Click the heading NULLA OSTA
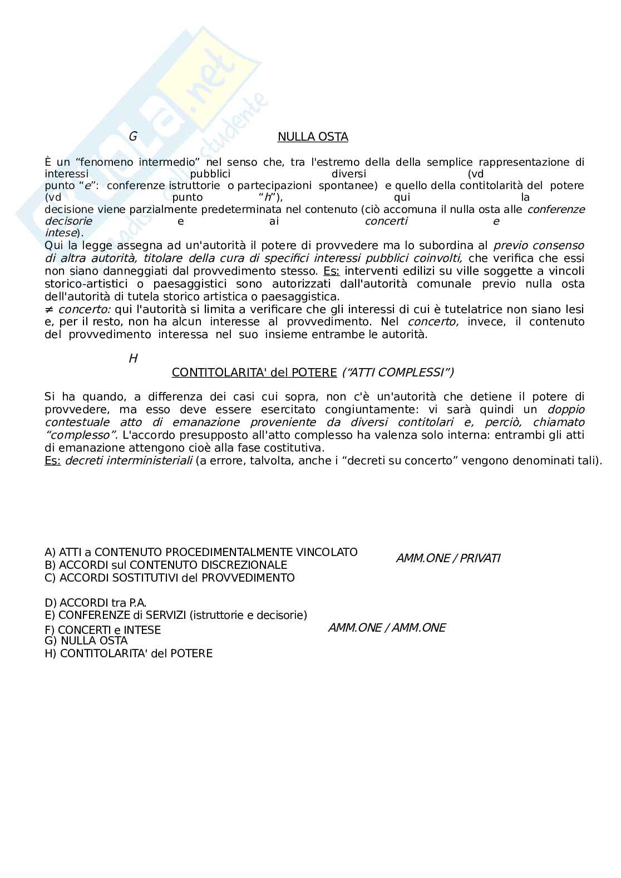tap(313, 137)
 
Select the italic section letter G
tap(132, 137)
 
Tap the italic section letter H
tap(133, 359)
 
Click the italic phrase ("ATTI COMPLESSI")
tap(397, 373)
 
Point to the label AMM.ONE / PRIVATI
tap(448, 558)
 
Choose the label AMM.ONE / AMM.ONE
tap(387, 628)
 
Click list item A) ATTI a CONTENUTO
tap(201, 552)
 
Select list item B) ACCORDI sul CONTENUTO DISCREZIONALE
tap(166, 565)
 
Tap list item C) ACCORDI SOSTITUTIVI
tap(170, 578)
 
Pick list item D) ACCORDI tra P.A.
tap(96, 603)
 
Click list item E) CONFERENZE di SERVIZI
tap(176, 615)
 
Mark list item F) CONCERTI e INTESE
tap(103, 630)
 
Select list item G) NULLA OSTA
tap(86, 641)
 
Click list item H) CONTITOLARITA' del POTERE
tap(129, 653)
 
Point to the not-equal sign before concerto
tap(48, 309)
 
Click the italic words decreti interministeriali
tap(129, 461)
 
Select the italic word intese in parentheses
tap(60, 233)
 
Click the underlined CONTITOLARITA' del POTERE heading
tap(254, 373)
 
